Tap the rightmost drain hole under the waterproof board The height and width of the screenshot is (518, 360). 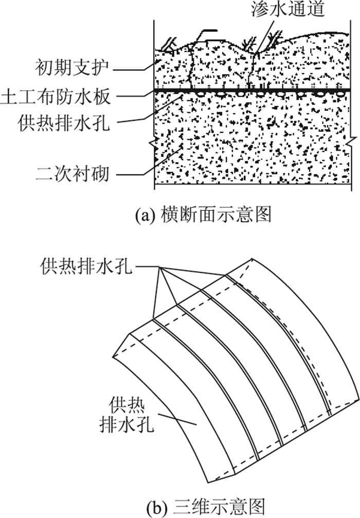pos(340,95)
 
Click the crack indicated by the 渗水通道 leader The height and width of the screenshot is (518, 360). pos(253,67)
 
